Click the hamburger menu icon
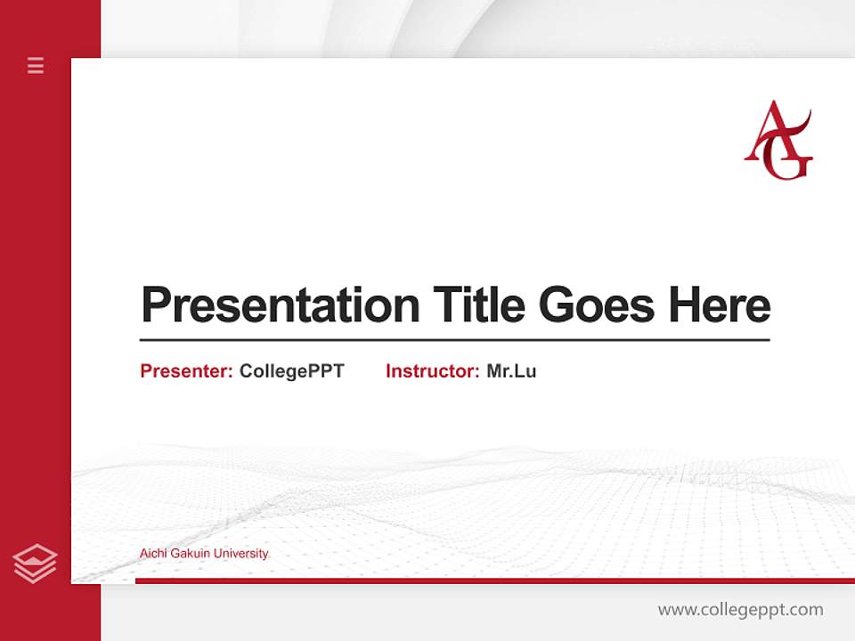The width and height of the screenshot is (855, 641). click(36, 65)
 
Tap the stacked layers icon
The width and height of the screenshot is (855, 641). click(35, 564)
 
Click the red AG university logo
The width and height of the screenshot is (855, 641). click(778, 141)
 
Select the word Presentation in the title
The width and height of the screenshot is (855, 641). click(280, 305)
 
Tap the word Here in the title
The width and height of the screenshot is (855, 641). click(720, 305)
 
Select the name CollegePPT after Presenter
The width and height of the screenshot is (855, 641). click(291, 371)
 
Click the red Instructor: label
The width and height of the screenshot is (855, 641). click(432, 371)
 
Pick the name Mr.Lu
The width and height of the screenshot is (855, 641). click(511, 371)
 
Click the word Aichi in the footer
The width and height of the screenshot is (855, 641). click(153, 554)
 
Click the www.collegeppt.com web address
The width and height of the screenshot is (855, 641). click(740, 610)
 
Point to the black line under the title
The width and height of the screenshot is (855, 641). click(454, 339)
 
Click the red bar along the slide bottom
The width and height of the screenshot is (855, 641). click(494, 580)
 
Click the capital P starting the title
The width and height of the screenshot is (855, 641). click(155, 305)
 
